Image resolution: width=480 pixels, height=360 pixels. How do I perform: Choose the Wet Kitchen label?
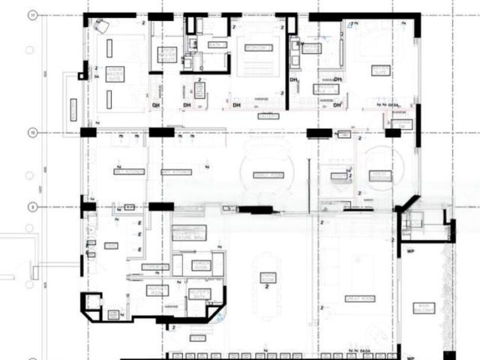click(x=129, y=172)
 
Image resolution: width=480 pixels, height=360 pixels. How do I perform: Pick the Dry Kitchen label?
click(x=176, y=172)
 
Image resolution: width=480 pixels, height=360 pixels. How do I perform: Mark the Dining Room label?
click(x=268, y=279)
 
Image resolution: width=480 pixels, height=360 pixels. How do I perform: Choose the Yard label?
click(x=111, y=246)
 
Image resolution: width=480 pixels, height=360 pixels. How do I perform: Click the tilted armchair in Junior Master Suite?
click(x=101, y=26)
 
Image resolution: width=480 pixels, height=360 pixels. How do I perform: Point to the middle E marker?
click(x=139, y=235)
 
